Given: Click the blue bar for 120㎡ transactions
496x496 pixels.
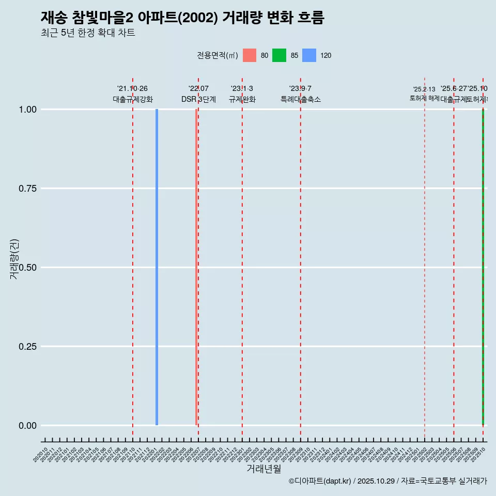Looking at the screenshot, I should (157, 267).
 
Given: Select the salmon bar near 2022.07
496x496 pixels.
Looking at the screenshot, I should (196, 267).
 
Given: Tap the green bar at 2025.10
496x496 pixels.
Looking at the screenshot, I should (483, 267).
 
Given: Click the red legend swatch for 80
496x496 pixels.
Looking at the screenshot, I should (250, 55).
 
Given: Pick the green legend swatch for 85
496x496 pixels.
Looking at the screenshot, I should (279, 55).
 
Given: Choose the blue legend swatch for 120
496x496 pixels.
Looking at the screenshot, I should (309, 55).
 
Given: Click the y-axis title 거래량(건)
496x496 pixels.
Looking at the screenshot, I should (14, 259).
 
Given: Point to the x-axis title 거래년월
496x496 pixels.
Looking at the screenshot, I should (263, 469).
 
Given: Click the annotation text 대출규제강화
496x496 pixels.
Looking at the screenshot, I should (133, 99).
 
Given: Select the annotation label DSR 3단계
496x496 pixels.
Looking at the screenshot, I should (198, 99).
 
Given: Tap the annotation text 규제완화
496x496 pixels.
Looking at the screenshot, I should (242, 99).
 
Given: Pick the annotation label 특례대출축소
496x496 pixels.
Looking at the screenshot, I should (301, 99).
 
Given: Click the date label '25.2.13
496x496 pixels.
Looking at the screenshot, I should (424, 89).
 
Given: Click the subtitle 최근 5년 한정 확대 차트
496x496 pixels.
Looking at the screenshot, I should (88, 33).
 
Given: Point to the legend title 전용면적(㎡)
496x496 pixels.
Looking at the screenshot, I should (218, 56).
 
